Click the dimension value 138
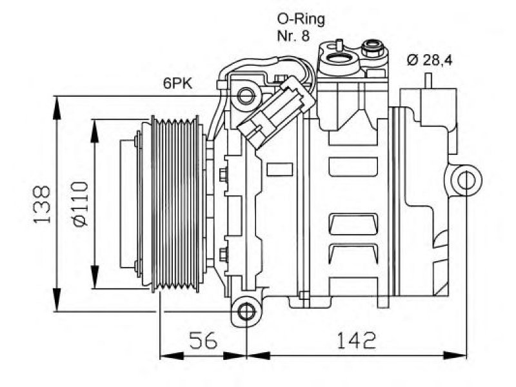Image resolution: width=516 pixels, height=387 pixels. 42,204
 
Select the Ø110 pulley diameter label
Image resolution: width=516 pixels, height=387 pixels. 81,204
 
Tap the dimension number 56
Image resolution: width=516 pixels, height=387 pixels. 203,340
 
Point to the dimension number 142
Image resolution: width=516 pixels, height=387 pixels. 356,340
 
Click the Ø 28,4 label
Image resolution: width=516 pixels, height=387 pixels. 430,60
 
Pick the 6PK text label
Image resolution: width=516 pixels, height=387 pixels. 178,84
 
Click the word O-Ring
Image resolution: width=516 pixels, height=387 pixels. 301,20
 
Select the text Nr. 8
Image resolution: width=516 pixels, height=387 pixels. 293,36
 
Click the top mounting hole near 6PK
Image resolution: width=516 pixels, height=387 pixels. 246,96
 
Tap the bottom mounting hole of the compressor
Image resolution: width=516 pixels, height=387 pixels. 246,312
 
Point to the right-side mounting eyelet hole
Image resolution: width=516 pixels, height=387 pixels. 466,181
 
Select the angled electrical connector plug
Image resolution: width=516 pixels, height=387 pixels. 276,112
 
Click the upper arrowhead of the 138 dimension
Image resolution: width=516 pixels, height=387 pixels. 57,108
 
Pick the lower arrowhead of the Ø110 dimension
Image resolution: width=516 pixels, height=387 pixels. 95,277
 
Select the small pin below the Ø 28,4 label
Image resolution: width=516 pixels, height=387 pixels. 428,81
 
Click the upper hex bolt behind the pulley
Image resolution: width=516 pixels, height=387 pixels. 223,174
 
